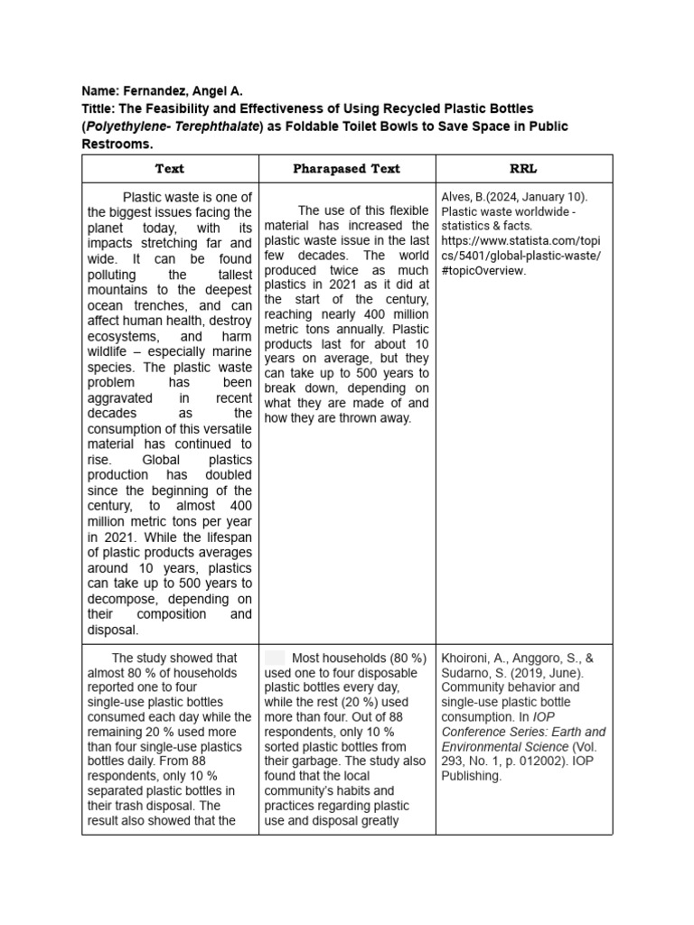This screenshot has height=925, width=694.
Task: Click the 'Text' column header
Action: (x=169, y=168)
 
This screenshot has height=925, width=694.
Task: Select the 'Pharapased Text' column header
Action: (x=346, y=168)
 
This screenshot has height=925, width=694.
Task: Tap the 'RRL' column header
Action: (x=523, y=168)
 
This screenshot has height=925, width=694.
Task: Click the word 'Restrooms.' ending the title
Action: (x=117, y=144)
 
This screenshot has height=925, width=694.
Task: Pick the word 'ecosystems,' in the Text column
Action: (x=123, y=336)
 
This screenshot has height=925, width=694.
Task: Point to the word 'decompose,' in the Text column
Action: (x=123, y=599)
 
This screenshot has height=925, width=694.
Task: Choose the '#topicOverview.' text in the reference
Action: (x=483, y=270)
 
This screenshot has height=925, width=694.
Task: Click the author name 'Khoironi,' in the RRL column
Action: (x=468, y=658)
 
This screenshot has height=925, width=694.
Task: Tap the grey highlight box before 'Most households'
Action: (x=275, y=658)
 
